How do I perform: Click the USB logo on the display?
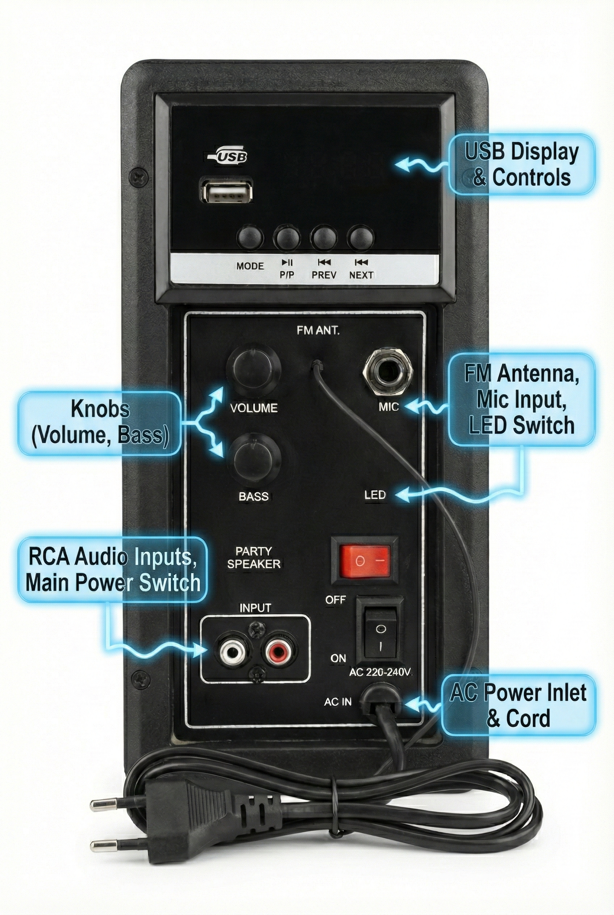pyautogui.click(x=229, y=156)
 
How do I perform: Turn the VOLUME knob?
pyautogui.click(x=253, y=370)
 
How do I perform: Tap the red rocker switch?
pyautogui.click(x=365, y=561)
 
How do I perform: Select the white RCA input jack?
pyautogui.click(x=234, y=652)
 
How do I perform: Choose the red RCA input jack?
pyautogui.click(x=278, y=652)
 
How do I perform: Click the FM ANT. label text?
pyautogui.click(x=318, y=331)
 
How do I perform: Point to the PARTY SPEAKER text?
pyautogui.click(x=254, y=557)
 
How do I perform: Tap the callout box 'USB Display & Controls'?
pyautogui.click(x=521, y=165)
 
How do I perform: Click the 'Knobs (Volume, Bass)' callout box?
pyautogui.click(x=100, y=422)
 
